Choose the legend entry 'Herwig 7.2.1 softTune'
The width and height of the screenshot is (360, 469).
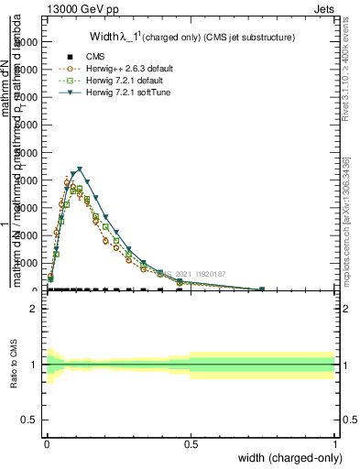coord(113,93)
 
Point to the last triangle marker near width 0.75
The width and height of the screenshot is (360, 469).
coord(262,289)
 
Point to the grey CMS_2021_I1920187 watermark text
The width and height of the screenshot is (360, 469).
coord(198,274)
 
